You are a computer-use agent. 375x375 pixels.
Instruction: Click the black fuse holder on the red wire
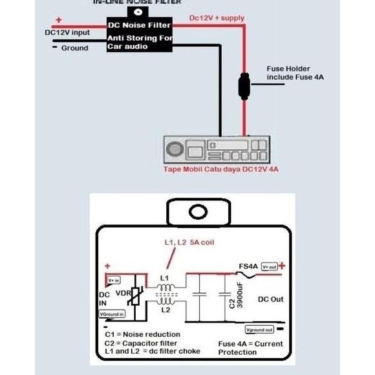point(244,87)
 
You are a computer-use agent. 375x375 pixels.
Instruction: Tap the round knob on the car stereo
point(176,151)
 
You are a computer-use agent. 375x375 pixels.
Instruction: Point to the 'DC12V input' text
point(67,32)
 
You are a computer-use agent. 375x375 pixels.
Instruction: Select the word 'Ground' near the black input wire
point(74,48)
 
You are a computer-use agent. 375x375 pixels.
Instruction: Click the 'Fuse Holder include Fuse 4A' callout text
point(295,72)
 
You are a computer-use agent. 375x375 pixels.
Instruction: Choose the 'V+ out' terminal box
point(269,266)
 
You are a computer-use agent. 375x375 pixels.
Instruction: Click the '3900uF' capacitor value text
point(239,294)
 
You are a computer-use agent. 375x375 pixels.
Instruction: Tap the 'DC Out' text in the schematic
point(271,299)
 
